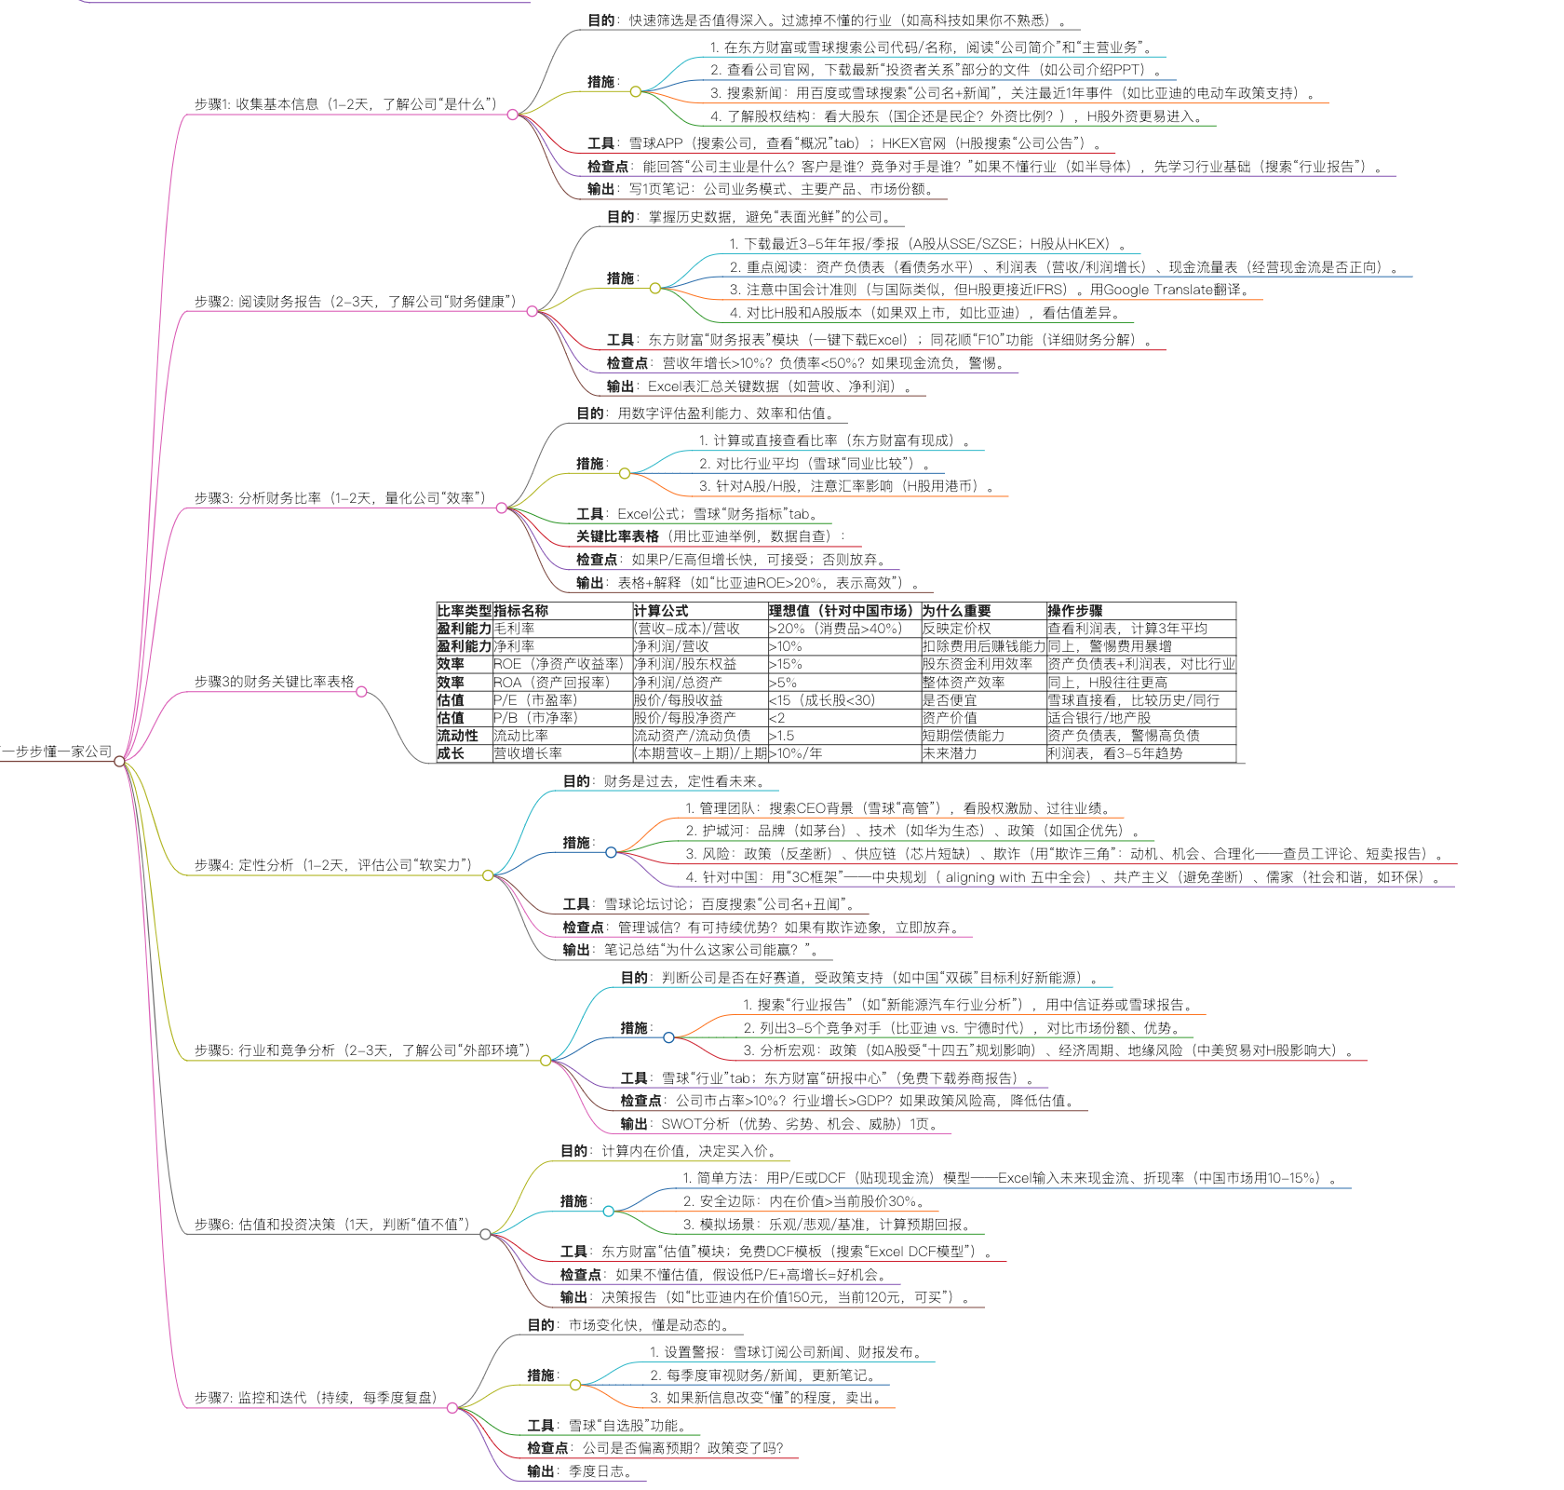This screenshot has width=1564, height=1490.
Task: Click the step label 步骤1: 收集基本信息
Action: point(345,104)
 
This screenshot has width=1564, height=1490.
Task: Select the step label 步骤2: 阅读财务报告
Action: point(355,302)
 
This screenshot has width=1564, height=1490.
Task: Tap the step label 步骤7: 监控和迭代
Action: point(315,1398)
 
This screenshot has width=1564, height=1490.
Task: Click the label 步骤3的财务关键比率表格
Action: point(274,682)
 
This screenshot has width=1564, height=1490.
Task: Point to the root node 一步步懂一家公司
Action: point(58,752)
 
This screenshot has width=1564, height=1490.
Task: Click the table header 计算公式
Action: point(660,611)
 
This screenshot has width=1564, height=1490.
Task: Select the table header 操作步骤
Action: point(1074,611)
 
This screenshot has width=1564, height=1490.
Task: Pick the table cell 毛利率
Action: point(514,629)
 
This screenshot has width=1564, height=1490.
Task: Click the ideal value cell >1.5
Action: point(781,736)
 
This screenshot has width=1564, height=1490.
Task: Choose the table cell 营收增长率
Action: point(528,753)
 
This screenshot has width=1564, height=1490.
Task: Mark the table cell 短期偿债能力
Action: point(963,736)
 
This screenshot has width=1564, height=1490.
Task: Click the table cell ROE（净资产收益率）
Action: point(558,664)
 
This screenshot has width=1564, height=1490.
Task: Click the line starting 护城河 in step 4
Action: point(912,831)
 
